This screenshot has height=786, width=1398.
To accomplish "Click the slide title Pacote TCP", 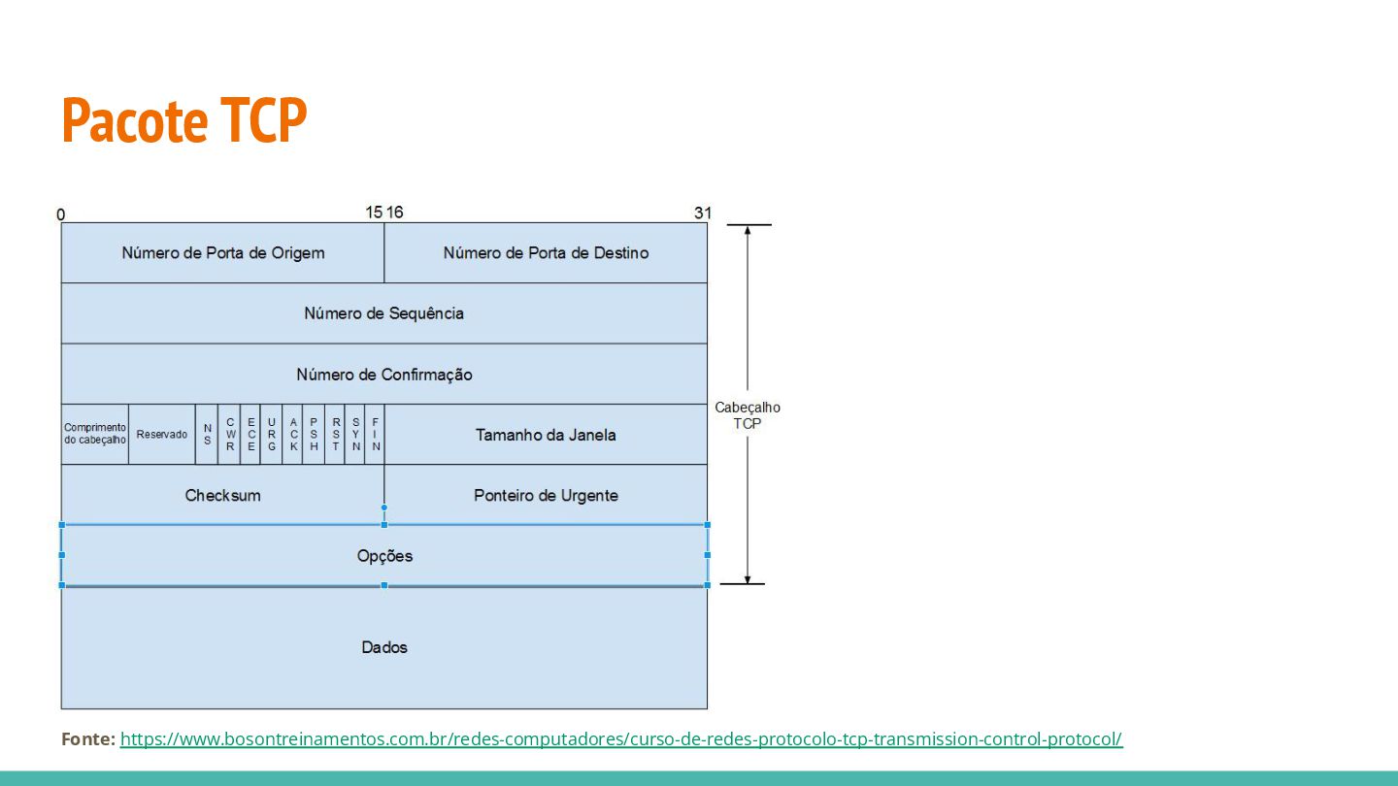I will click(183, 120).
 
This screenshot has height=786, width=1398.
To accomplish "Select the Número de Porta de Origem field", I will click(223, 253).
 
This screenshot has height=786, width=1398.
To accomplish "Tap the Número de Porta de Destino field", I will click(546, 253).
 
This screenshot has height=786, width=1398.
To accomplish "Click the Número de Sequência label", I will click(384, 313).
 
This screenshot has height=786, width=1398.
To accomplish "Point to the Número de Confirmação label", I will click(384, 375).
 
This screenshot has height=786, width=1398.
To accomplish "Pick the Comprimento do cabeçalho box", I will click(95, 434).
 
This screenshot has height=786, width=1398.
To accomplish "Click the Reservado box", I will click(162, 434).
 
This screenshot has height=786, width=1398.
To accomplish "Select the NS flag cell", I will click(207, 434).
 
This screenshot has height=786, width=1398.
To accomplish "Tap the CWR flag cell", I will click(230, 434).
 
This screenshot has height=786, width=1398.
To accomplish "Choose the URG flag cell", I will click(272, 434).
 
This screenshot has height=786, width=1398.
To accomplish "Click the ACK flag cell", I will click(293, 434).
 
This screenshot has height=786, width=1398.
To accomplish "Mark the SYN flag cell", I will click(356, 434).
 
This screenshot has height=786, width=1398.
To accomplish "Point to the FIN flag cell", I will click(376, 434).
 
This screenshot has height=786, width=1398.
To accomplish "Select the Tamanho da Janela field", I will click(546, 435).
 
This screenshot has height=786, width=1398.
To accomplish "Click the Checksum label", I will click(223, 496).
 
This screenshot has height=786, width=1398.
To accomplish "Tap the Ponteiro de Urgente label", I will click(546, 496).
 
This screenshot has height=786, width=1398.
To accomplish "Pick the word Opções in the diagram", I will click(384, 556).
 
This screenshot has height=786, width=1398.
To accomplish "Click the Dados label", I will click(384, 647).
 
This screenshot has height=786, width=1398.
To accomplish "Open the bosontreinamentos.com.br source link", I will click(621, 739).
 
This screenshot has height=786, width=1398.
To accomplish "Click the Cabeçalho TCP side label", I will click(748, 415).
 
